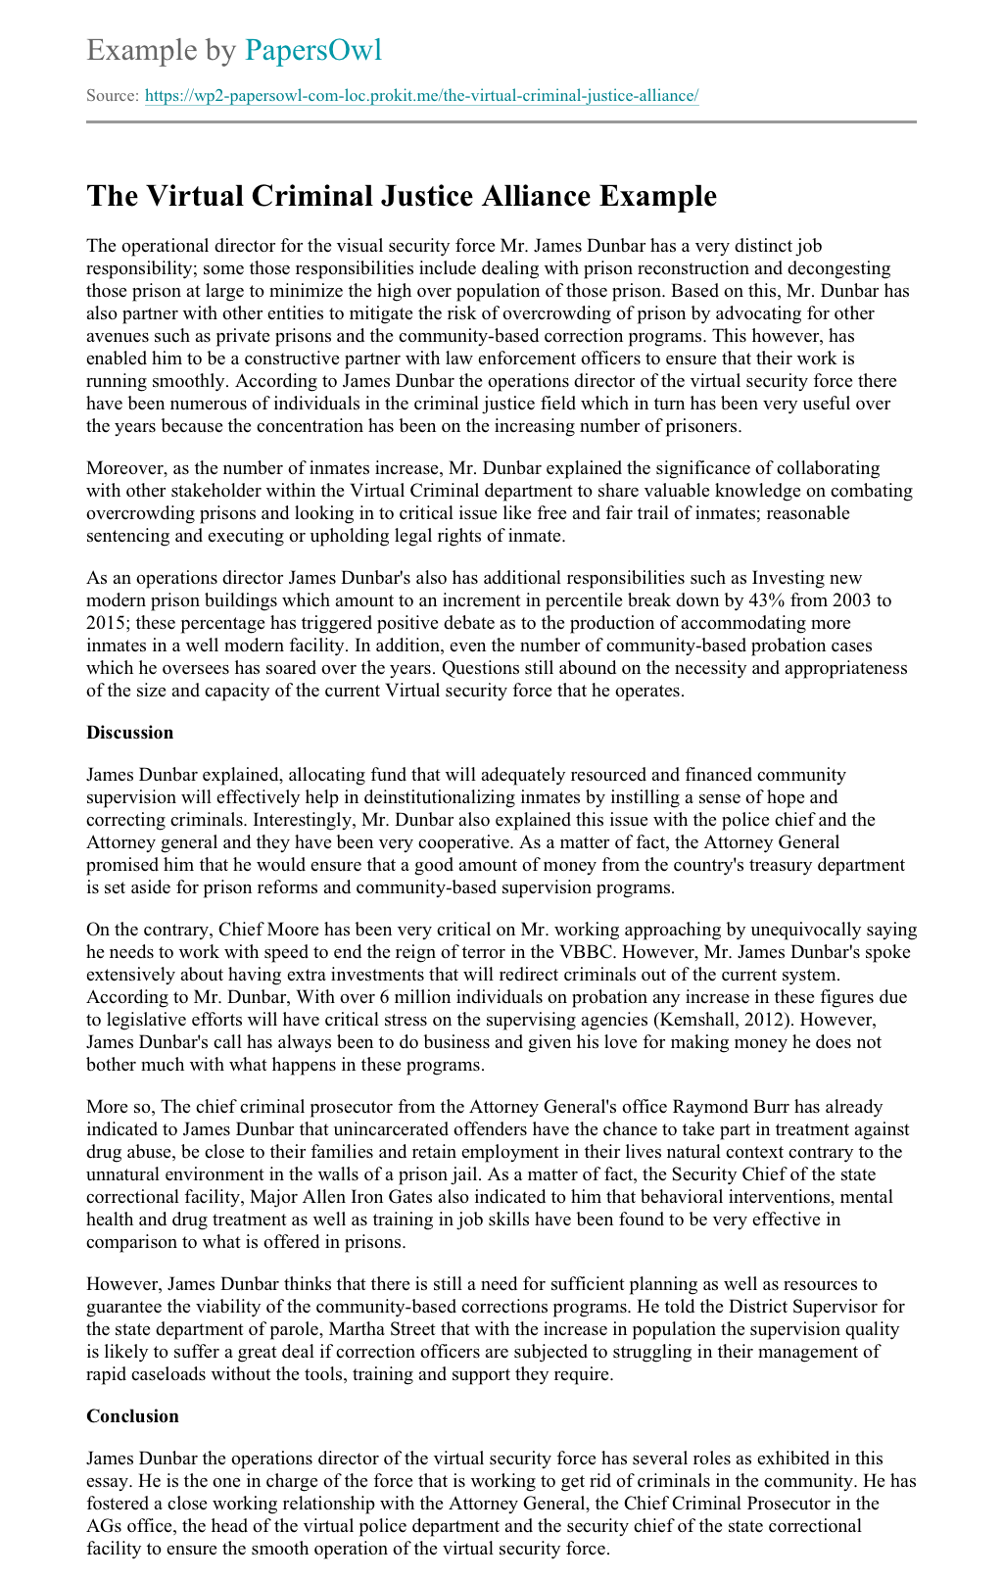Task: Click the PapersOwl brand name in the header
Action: coord(312,50)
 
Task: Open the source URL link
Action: coord(421,96)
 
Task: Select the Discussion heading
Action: coord(129,733)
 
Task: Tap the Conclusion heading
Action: coord(132,1415)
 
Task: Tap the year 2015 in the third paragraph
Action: coord(107,622)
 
